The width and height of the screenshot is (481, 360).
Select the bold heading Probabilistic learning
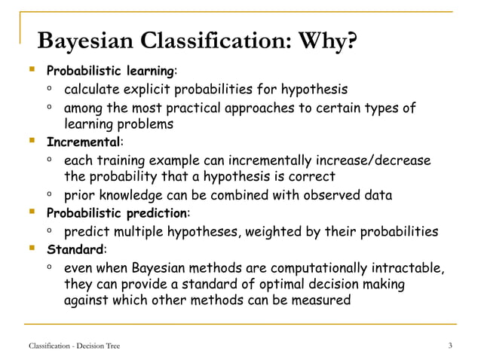110,72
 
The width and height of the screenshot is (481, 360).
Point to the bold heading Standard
75,249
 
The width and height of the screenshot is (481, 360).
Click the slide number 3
450,346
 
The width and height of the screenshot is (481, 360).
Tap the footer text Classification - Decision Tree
74,346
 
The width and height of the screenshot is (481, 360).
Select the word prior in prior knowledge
79,196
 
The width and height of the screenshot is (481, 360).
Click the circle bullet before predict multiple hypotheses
48,230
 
